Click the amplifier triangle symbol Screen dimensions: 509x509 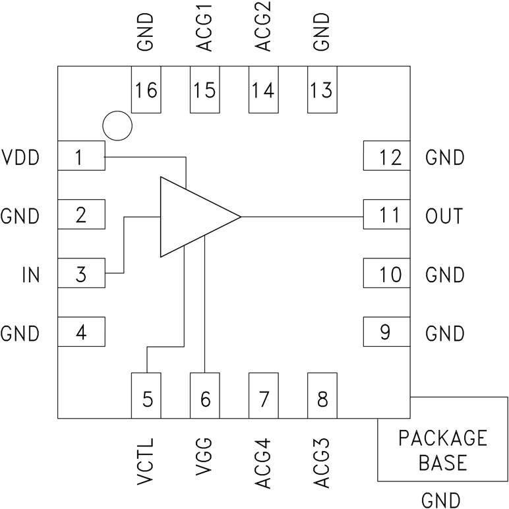coord(191,217)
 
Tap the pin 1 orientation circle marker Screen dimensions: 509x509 coord(118,125)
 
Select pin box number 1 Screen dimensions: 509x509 coord(81,158)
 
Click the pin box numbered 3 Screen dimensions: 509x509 coord(81,274)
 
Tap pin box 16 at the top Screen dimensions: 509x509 coord(146,90)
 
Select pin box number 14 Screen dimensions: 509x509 coord(263,90)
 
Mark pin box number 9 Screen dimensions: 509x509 coord(386,332)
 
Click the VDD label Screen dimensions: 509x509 coord(21,158)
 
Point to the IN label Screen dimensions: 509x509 coord(30,274)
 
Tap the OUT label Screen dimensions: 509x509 coord(444,216)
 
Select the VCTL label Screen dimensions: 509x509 coord(146,462)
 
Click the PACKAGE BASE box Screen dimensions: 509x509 coord(442,450)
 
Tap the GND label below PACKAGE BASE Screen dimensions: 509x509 coord(442,499)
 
